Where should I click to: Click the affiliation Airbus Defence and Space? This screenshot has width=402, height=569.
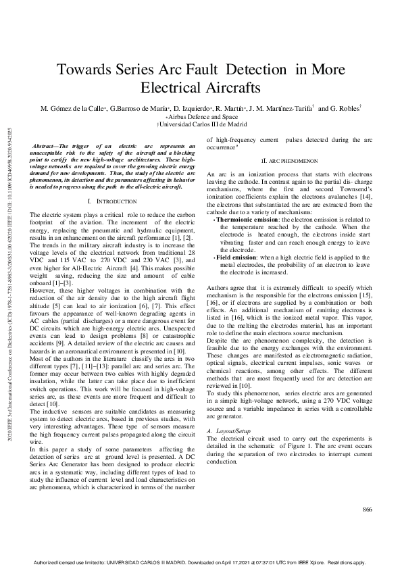203,116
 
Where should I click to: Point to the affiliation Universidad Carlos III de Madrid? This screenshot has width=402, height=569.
203,124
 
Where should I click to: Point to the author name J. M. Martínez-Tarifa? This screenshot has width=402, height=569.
280,108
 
